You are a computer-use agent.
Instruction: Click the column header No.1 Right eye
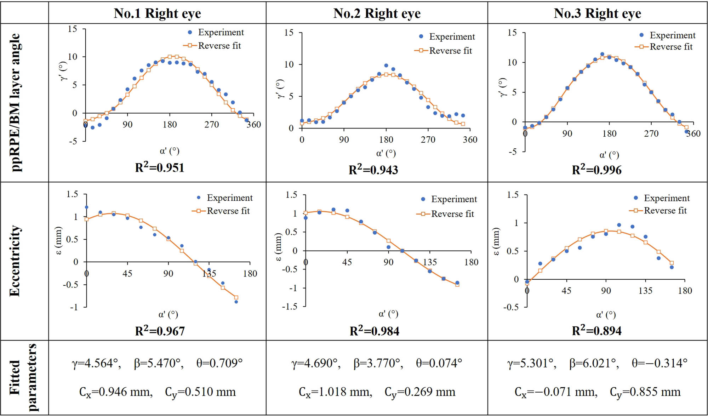tap(157, 13)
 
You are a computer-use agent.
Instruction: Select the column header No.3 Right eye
tap(597, 13)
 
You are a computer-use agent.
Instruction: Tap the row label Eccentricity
tap(15, 261)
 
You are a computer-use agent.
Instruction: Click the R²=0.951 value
tap(160, 167)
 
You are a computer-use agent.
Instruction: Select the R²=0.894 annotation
tap(596, 330)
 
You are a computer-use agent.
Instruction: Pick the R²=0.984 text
tap(374, 331)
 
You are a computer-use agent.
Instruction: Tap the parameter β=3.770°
tap(378, 363)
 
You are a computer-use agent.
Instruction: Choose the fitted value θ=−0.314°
tap(660, 363)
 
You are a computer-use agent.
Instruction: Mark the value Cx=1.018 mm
tap(335, 392)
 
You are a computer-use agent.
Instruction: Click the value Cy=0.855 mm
tap(645, 392)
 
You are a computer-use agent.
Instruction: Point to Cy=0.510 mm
tap(200, 392)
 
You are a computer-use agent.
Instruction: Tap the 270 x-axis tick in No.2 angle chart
tap(428, 140)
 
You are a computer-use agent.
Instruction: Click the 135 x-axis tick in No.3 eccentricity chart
tap(645, 291)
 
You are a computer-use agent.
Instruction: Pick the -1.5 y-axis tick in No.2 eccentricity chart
tap(290, 307)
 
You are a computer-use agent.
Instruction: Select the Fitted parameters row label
tap(23, 377)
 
